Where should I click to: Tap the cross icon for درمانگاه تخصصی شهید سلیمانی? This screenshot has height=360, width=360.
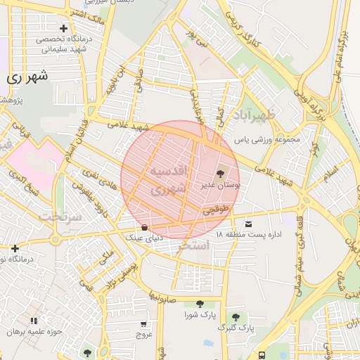click(x=63, y=28)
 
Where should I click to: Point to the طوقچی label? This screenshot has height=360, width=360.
click(x=217, y=210)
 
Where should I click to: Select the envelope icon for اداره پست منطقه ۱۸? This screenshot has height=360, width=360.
click(x=247, y=223)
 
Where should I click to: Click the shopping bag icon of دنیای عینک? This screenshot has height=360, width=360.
click(x=144, y=227)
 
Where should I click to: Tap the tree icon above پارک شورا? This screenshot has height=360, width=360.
click(x=200, y=304)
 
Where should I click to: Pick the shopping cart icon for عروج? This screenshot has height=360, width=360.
click(x=144, y=324)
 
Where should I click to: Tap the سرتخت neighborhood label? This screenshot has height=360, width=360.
click(x=56, y=216)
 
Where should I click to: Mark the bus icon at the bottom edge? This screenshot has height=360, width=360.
click(x=262, y=355)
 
